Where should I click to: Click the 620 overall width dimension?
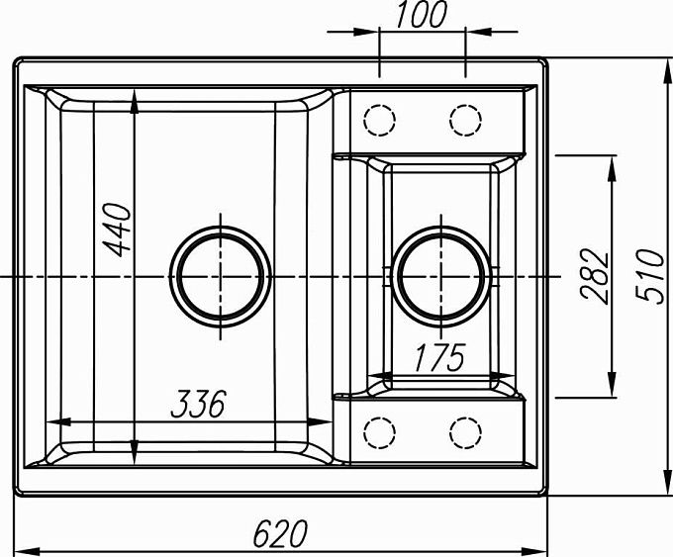[x=280, y=533]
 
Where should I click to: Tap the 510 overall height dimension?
[x=649, y=276]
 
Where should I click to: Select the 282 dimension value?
[x=594, y=276]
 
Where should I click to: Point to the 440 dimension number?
[x=117, y=230]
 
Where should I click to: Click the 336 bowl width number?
[x=198, y=404]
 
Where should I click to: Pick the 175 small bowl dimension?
[x=439, y=357]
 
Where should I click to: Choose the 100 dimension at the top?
[x=421, y=15]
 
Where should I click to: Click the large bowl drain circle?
[x=221, y=277]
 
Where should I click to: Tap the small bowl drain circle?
[x=441, y=277]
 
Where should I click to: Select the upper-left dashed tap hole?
[x=379, y=120]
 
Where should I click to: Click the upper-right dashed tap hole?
[x=466, y=120]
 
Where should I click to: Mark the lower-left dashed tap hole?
[x=379, y=432]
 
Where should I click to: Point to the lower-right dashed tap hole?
[x=466, y=432]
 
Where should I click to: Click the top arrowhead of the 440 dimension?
[x=135, y=90]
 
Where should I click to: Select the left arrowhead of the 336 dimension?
[x=47, y=421]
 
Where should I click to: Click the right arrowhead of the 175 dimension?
[x=514, y=375]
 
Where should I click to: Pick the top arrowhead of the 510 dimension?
[x=668, y=59]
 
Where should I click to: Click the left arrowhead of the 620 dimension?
[x=15, y=551]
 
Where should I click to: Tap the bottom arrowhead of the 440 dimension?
[x=135, y=464]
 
